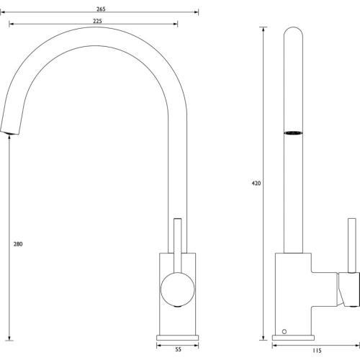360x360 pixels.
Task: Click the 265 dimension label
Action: (x=101, y=9)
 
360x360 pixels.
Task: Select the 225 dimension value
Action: (x=97, y=21)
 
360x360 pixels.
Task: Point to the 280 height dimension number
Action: (x=18, y=244)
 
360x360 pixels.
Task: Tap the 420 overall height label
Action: (x=256, y=183)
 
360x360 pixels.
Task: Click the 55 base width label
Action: (x=178, y=349)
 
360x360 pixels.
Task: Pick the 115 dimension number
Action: (x=317, y=351)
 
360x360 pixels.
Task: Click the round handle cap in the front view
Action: (x=178, y=289)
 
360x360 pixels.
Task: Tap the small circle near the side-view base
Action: (x=284, y=332)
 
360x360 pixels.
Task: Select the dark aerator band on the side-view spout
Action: (x=293, y=132)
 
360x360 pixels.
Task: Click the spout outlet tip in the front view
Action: (x=9, y=132)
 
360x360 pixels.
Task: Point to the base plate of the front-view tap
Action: (x=178, y=338)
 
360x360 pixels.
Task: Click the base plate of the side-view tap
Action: (x=293, y=338)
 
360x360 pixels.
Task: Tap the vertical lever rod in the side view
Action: (x=352, y=246)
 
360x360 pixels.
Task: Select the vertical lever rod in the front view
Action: (x=178, y=246)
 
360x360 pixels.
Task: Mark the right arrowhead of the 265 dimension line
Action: (x=197, y=12)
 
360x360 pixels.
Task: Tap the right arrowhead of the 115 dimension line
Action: (x=358, y=346)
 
